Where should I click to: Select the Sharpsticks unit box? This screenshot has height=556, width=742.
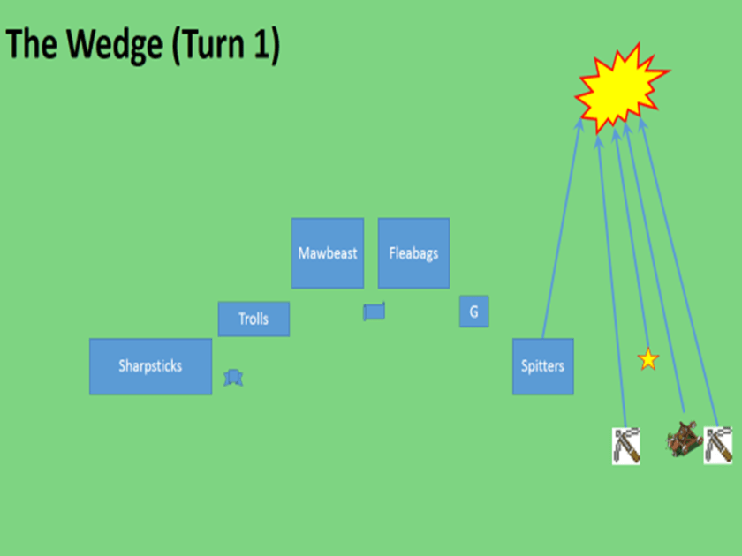tap(150, 366)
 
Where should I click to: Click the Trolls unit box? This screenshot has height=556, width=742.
tap(254, 319)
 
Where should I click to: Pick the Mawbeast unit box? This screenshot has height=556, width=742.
tap(328, 253)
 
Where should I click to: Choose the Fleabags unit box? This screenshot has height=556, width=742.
tap(413, 253)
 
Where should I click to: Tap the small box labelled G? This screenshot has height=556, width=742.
tap(473, 312)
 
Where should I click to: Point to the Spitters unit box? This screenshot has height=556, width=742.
tap(542, 366)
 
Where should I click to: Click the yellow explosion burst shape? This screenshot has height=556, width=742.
tap(621, 85)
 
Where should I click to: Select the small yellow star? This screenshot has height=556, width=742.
tap(648, 359)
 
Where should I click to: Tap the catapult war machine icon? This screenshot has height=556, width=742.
tap(684, 438)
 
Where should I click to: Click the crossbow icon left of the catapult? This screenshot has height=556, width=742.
tap(625, 446)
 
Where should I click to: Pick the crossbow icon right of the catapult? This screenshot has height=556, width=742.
tap(717, 445)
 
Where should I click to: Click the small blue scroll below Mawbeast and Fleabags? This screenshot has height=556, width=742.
tap(375, 312)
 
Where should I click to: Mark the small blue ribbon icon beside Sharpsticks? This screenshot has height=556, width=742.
tap(233, 378)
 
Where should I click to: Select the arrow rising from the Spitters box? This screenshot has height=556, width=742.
tap(561, 229)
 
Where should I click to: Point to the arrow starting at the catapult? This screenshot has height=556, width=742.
tap(654, 265)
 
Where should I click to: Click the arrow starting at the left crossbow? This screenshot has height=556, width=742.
tap(612, 282)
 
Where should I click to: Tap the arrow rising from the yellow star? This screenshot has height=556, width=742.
tap(631, 238)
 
